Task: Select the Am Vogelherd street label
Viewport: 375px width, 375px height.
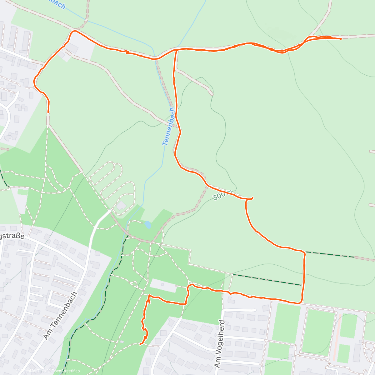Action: [x=220, y=343]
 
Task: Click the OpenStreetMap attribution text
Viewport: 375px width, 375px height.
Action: [x=66, y=371]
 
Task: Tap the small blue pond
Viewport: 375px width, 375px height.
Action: [x=148, y=225]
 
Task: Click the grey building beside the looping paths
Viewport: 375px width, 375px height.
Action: [x=121, y=206]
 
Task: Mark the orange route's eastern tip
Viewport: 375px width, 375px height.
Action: [x=341, y=39]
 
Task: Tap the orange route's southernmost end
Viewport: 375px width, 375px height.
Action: [x=141, y=344]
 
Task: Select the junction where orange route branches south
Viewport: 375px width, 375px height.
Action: [x=176, y=50]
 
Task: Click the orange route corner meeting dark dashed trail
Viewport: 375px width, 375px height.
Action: [x=304, y=252]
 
